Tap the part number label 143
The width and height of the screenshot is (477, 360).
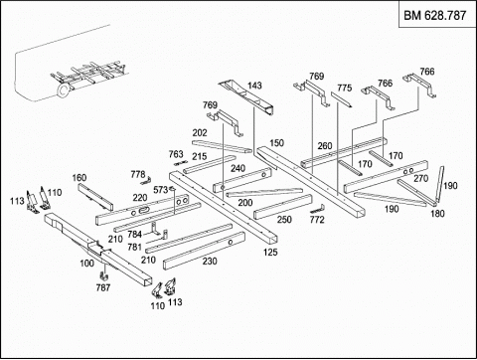(x=254, y=86)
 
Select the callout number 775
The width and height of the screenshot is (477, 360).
(x=344, y=88)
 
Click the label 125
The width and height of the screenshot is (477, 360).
(x=270, y=253)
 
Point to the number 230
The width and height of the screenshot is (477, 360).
(x=210, y=262)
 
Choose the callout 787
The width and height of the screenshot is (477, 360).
(x=103, y=287)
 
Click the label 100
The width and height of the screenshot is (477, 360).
(x=86, y=264)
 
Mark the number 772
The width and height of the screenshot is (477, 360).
(x=317, y=220)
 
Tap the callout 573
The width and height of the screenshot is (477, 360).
(x=161, y=190)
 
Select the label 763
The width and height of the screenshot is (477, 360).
(x=176, y=154)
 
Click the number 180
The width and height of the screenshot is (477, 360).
(x=437, y=213)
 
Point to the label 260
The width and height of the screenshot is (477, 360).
(x=325, y=146)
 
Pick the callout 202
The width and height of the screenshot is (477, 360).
(x=200, y=133)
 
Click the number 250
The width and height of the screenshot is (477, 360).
(x=284, y=220)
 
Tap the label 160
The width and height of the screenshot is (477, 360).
(x=79, y=178)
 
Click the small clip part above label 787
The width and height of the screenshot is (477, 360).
(x=104, y=274)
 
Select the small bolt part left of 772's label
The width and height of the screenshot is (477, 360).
(x=317, y=209)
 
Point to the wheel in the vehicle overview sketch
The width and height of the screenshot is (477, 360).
(x=64, y=90)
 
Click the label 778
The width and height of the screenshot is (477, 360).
(x=138, y=174)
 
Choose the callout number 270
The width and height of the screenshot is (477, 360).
(x=420, y=178)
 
